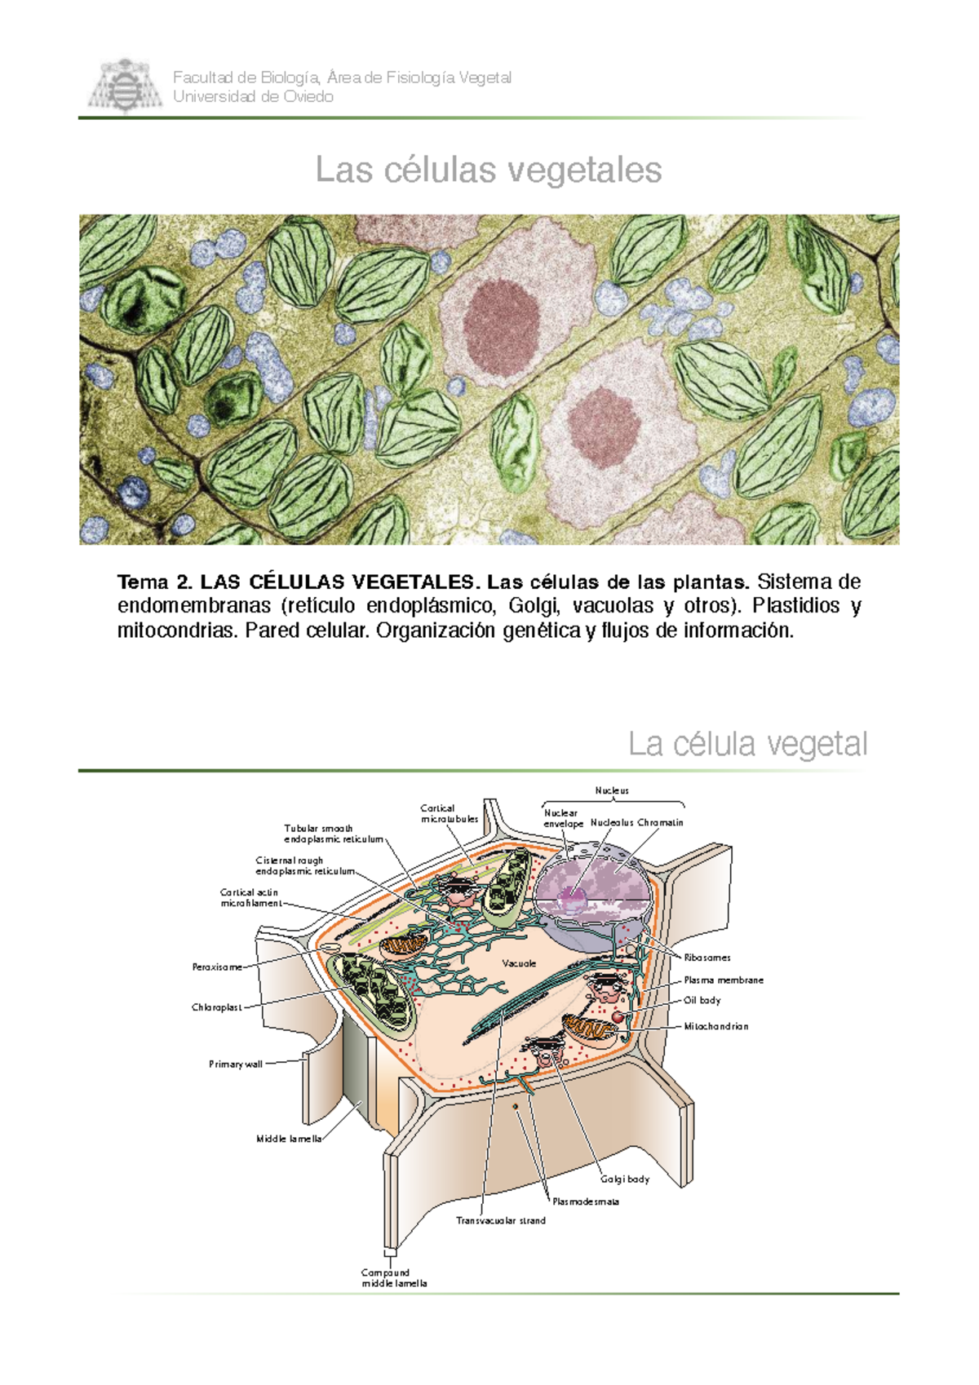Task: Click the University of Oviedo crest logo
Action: click(x=125, y=86)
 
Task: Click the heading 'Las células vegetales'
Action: click(x=489, y=170)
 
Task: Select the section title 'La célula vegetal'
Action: click(x=747, y=745)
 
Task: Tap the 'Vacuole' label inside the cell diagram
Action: click(x=519, y=963)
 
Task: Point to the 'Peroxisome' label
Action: click(x=217, y=967)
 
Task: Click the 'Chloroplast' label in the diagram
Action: click(x=216, y=1007)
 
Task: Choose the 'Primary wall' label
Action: click(x=236, y=1064)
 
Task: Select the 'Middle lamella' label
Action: click(x=289, y=1139)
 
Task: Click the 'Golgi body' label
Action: click(x=625, y=1179)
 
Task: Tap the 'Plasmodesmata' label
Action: click(x=586, y=1202)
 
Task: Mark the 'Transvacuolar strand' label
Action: click(x=501, y=1220)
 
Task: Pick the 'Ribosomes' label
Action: click(x=707, y=958)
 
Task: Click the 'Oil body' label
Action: click(x=702, y=1000)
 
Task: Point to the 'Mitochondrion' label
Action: click(x=716, y=1026)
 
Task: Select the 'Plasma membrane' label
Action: click(x=724, y=980)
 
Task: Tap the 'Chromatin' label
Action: click(x=660, y=823)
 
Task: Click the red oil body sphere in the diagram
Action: click(x=618, y=1016)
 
